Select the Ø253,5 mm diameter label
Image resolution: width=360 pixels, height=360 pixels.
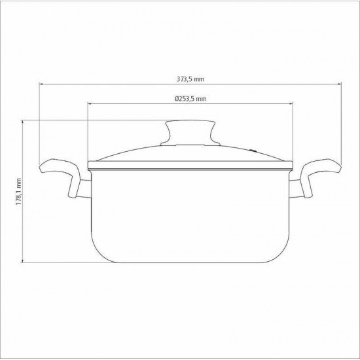(x=190, y=98)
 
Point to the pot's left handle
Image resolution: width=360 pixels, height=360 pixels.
(x=59, y=173)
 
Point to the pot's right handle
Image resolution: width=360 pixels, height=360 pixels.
(x=321, y=173)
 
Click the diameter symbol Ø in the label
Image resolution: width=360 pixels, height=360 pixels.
(x=177, y=98)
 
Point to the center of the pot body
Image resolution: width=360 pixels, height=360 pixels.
(x=190, y=213)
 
